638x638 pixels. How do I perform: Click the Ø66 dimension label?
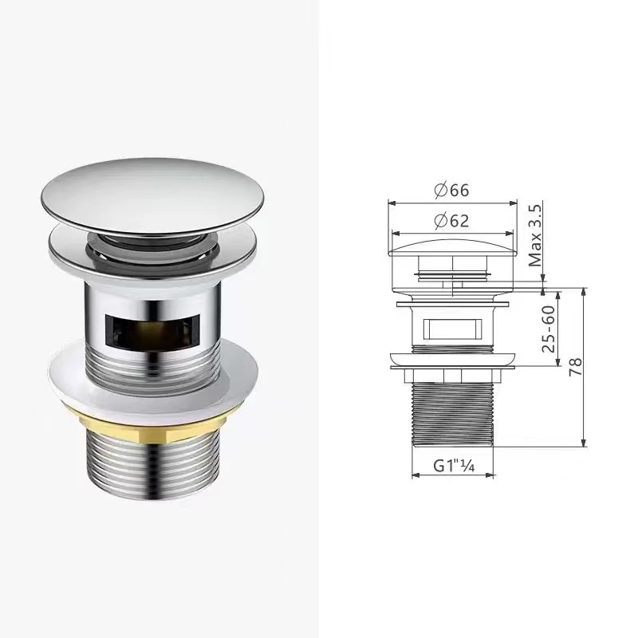(x=451, y=190)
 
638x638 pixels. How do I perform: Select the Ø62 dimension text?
(x=451, y=221)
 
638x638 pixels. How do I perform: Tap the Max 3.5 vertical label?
(x=535, y=236)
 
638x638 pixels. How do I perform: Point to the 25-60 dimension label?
(x=548, y=329)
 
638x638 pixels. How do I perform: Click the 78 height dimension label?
(x=575, y=367)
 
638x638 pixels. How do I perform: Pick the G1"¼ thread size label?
(x=454, y=466)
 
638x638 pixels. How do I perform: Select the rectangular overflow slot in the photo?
(x=152, y=331)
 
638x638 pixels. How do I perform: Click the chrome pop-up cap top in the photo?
(x=152, y=195)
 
